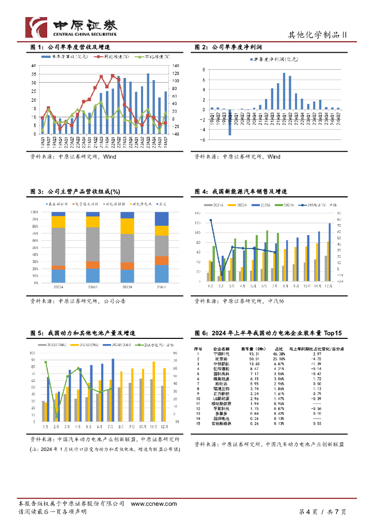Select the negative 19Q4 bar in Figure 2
point(230,122)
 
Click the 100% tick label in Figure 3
point(35,212)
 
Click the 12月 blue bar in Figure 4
point(330,252)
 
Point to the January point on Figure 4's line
point(211,221)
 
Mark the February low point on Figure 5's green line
point(57,416)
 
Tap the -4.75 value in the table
point(317,358)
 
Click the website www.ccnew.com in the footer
point(154,504)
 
